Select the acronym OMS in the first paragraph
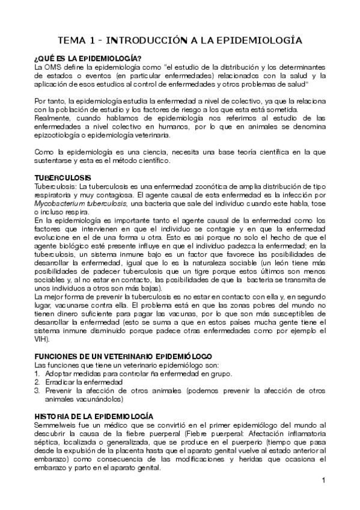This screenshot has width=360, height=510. (x=55, y=67)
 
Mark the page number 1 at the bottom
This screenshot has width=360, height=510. (x=323, y=480)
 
